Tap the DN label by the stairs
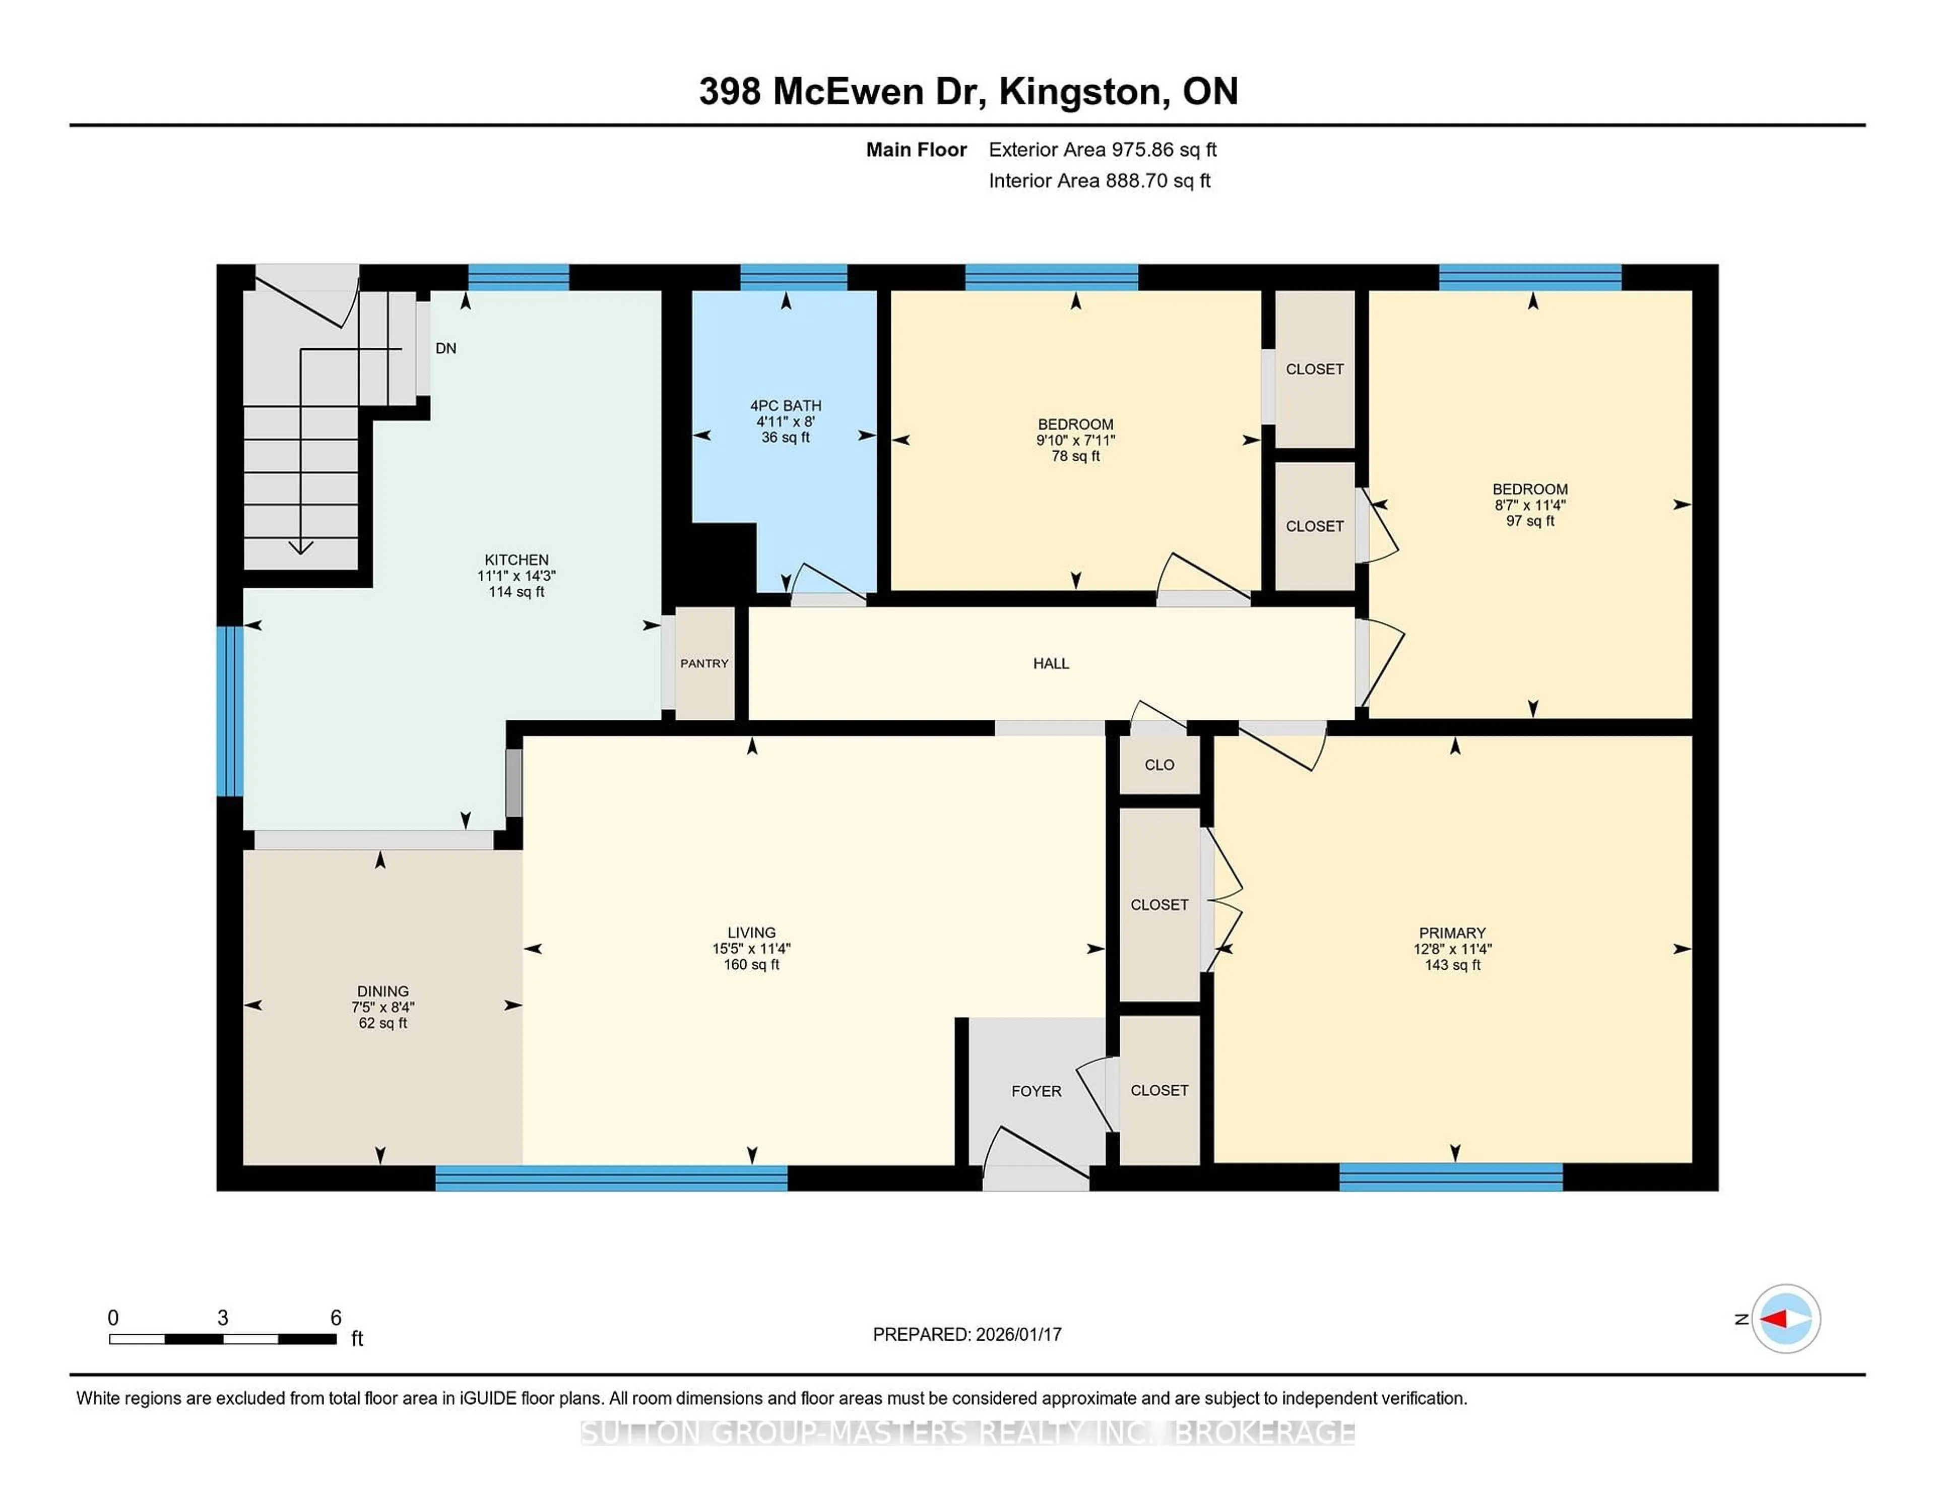[445, 348]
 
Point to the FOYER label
[1036, 1091]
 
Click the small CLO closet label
[1159, 765]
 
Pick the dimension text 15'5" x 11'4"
[751, 948]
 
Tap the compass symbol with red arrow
[1785, 1319]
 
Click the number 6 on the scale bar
[336, 1318]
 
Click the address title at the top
[967, 91]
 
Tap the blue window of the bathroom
[793, 277]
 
